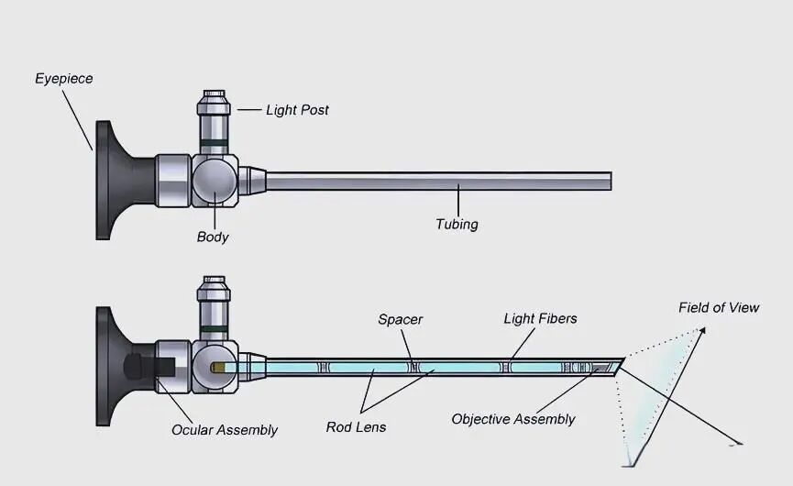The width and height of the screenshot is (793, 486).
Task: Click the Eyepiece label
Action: [x=64, y=79]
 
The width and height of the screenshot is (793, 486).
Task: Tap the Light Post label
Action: [x=297, y=110]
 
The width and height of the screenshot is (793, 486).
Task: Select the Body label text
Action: [x=213, y=237]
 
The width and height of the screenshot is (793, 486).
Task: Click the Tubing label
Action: [x=457, y=224]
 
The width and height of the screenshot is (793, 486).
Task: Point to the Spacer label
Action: [x=401, y=319]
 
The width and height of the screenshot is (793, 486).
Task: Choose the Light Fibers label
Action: [x=540, y=318]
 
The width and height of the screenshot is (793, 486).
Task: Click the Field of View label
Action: [x=719, y=307]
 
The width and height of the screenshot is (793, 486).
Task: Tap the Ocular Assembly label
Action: [x=225, y=429]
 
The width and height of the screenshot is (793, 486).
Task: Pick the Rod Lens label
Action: [x=356, y=426]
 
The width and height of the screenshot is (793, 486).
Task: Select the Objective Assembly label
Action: [x=513, y=419]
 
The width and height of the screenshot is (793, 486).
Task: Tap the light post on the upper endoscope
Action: [x=215, y=119]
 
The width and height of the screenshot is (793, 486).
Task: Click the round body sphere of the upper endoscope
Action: [x=214, y=179]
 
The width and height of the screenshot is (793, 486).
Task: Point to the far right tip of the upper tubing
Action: [x=609, y=181]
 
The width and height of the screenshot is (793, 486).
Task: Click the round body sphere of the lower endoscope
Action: [x=213, y=365]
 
